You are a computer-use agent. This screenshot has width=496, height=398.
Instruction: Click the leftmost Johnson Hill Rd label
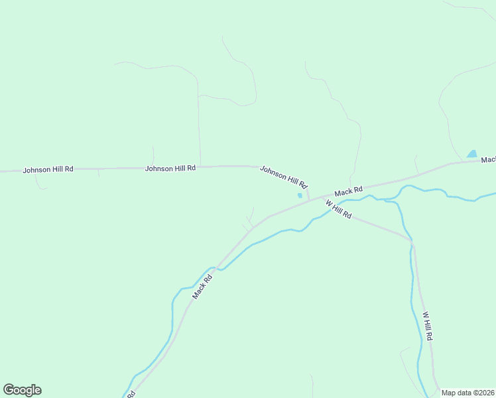pos(48,170)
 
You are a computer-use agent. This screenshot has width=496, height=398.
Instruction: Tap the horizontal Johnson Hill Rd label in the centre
pos(170,168)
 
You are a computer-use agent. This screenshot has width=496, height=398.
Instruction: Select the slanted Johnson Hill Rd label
pos(284,177)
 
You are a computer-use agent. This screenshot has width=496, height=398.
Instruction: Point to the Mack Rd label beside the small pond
pos(349,192)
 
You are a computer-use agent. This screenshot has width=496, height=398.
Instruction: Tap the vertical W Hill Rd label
pos(428,326)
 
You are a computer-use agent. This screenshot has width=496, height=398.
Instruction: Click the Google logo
pos(22,390)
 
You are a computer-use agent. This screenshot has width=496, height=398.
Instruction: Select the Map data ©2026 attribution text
pos(468,393)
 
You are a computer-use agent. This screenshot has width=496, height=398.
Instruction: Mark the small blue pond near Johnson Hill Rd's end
pos(300,195)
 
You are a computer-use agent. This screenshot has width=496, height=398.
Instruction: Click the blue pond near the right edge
pos(471,154)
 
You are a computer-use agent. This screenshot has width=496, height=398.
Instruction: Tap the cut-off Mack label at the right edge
pos(488,160)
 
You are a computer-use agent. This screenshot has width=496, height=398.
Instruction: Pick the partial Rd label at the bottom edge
pos(131,394)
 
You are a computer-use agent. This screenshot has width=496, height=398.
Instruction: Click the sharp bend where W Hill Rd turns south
pos(412,243)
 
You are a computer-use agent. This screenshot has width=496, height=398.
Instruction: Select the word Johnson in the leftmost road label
pos(36,170)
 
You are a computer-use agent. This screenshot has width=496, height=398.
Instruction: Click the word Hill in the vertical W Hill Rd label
pos(428,325)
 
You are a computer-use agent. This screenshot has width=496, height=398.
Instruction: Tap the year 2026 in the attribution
pos(487,393)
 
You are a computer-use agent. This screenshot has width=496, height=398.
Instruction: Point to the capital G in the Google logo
pos(9,389)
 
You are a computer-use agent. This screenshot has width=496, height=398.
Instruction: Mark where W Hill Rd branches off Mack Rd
pos(324,198)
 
